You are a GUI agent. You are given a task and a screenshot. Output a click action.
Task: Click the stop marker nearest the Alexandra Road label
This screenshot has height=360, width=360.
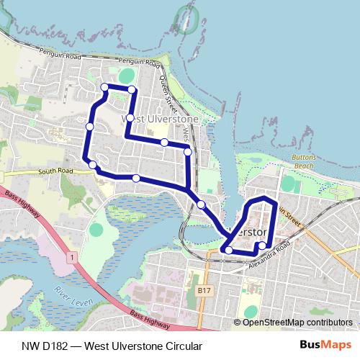tap(261, 246)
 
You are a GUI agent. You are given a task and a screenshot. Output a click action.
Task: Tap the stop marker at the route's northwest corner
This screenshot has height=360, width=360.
tap(105, 87)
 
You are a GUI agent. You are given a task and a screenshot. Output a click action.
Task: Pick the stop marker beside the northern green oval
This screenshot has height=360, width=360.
tap(132, 89)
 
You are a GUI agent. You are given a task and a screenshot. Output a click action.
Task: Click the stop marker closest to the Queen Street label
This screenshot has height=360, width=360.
tap(188, 151)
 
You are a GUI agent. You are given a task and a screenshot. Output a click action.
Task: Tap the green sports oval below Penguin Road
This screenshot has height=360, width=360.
tap(127, 75)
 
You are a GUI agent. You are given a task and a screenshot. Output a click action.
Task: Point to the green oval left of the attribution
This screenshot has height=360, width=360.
tap(250, 311)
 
